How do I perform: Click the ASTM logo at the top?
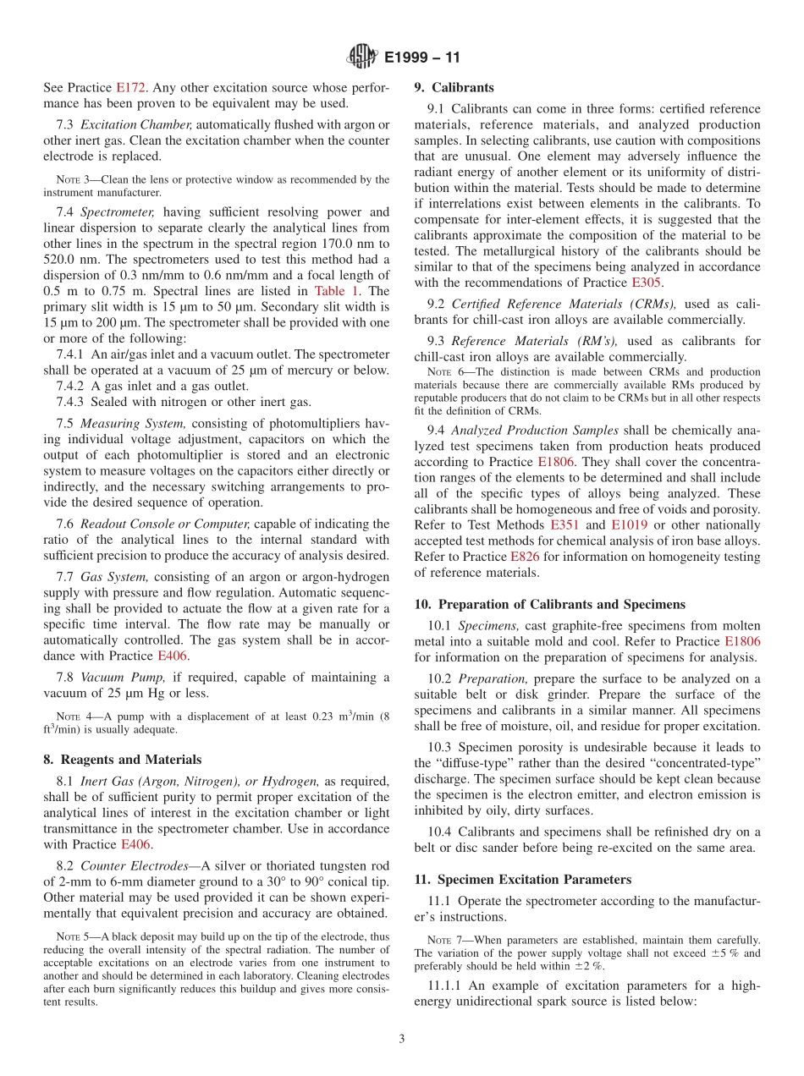[361, 57]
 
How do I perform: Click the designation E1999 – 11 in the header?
[422, 58]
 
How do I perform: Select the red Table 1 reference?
[337, 290]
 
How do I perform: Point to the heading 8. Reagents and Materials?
[122, 759]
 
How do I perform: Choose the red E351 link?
[564, 525]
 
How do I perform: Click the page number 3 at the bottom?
[402, 1039]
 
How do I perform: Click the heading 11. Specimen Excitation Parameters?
[523, 879]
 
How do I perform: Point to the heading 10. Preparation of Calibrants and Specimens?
[549, 604]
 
